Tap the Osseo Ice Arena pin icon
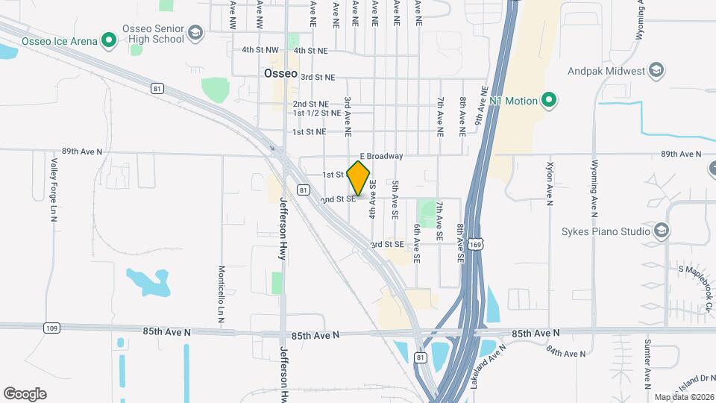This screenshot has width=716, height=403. tap(110, 40)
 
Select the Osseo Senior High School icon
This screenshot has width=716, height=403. tap(195, 33)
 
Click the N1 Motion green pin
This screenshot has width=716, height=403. tap(549, 100)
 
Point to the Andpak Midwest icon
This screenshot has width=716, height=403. tap(657, 71)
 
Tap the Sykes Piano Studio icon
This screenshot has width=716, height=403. tap(661, 231)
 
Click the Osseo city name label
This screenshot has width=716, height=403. tap(280, 75)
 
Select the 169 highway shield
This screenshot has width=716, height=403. tap(475, 243)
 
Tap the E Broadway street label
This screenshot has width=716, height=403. tap(381, 156)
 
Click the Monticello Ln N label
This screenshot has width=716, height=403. tap(222, 293)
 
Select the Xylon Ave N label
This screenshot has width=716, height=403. tap(550, 183)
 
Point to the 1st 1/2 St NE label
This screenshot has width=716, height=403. tap(317, 113)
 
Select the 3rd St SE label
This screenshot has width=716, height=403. tap(387, 244)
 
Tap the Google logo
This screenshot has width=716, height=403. tap(25, 394)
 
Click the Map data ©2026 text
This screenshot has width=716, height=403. tap(683, 397)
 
